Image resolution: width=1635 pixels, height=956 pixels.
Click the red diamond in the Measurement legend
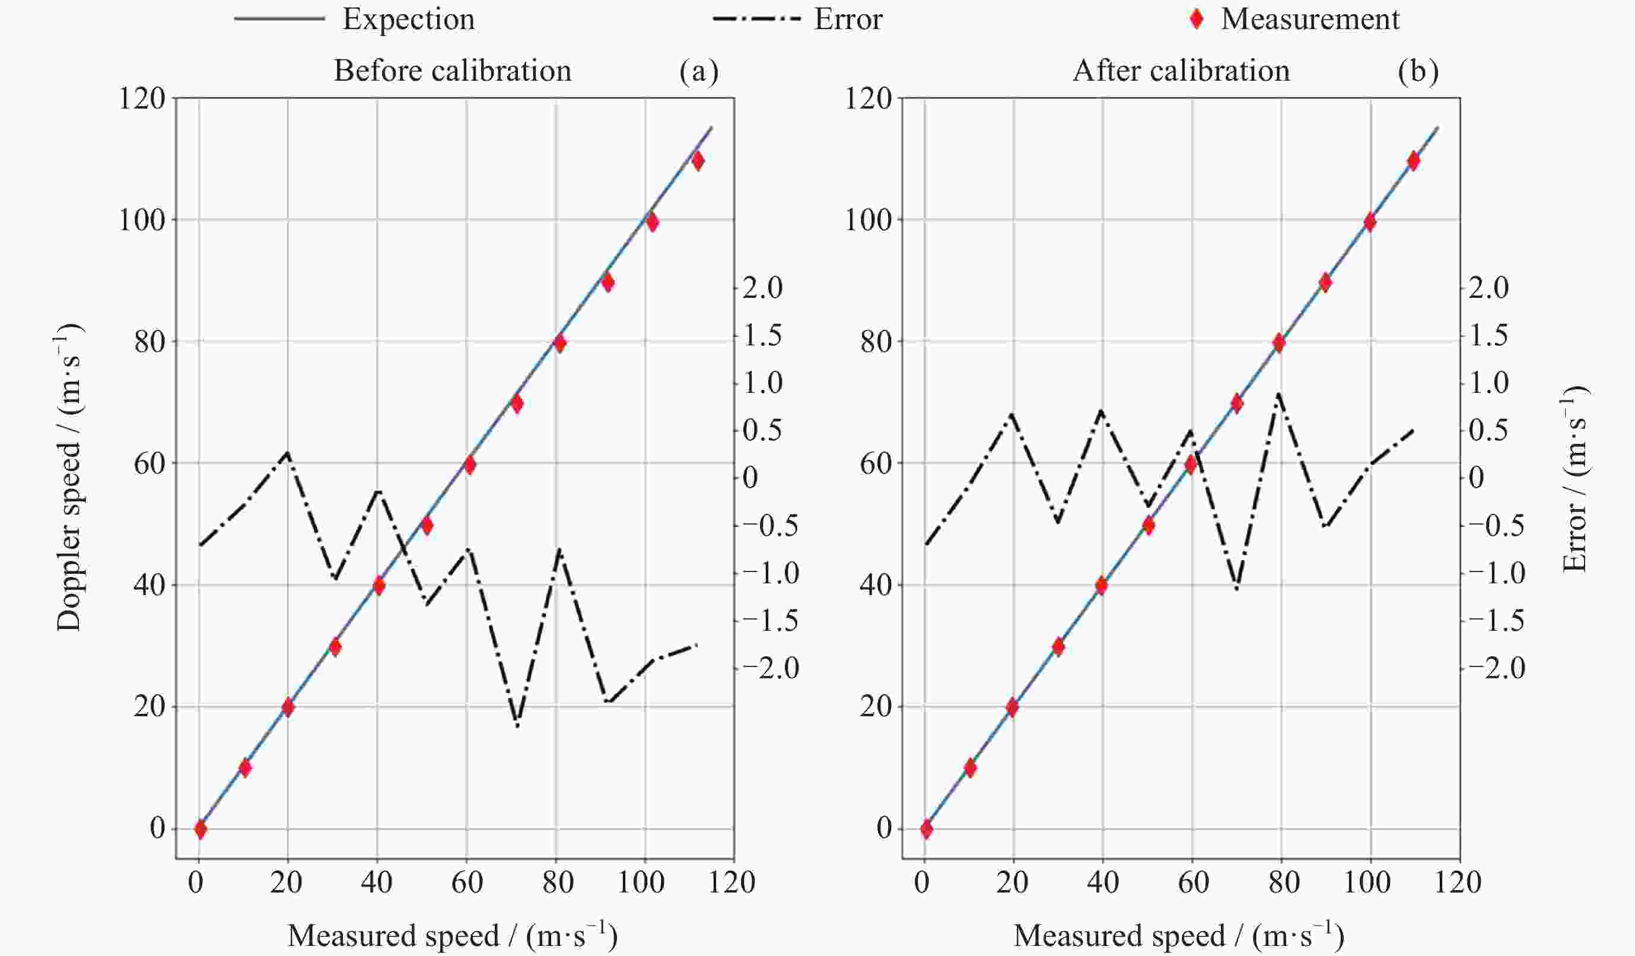1197,20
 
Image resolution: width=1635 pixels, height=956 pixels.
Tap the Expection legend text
409,20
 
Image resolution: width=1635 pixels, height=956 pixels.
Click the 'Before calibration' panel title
452,71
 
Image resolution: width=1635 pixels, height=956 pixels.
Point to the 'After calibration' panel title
1181,71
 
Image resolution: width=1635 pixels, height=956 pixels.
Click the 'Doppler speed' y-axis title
69,477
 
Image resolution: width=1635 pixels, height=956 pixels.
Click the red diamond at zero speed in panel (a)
201,829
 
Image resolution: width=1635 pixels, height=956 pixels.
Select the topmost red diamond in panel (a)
698,160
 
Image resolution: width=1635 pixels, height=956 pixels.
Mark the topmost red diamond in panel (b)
1414,160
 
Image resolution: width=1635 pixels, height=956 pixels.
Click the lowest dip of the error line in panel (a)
517,725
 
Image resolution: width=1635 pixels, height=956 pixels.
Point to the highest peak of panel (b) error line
1278,393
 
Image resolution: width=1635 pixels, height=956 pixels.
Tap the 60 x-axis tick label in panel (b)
1193,882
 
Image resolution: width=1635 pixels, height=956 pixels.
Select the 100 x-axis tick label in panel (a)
641,882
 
